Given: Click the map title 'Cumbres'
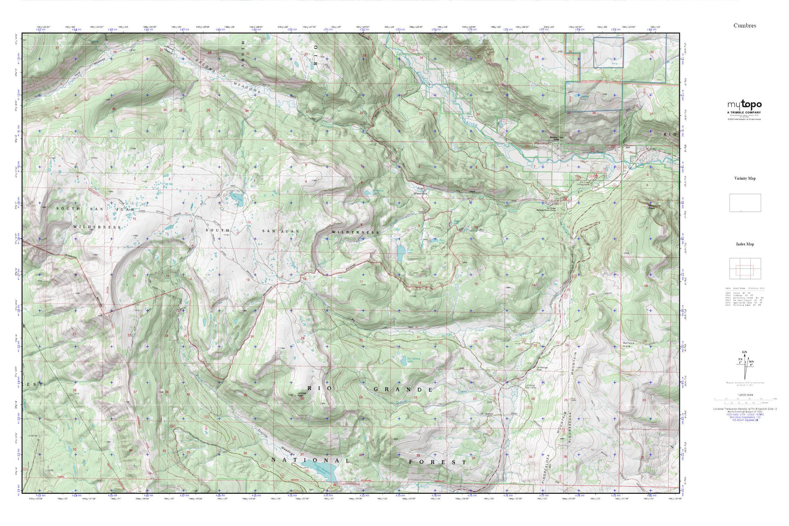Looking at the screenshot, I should point(745,26).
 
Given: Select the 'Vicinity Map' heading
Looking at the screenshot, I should point(745,179).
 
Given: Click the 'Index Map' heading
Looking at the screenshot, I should point(745,244).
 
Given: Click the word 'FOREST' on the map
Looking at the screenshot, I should point(438,462).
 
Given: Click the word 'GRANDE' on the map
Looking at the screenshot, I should point(404,389).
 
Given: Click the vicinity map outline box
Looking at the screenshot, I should point(745,203).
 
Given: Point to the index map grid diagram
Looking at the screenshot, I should point(745,269).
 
